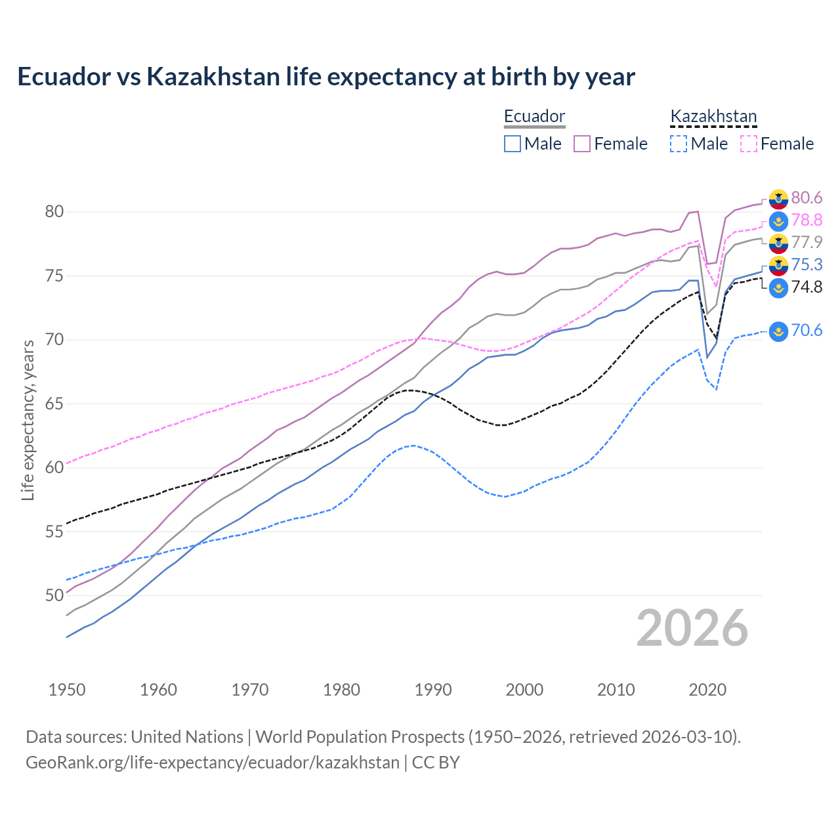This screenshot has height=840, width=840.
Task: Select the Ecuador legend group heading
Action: [534, 116]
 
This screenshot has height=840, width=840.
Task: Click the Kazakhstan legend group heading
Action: [713, 116]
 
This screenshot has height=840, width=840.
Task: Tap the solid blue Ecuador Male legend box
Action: [513, 144]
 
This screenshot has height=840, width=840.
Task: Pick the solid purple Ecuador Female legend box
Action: [582, 144]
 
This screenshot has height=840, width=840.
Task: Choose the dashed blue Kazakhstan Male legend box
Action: [679, 144]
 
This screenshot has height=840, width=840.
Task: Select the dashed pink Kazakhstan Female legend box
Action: [749, 144]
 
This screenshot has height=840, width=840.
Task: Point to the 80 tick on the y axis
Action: [54, 211]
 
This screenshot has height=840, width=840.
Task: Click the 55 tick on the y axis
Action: [54, 532]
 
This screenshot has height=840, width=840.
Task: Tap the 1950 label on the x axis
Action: [67, 690]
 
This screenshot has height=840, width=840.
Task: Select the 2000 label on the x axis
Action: [524, 690]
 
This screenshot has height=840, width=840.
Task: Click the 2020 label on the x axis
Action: [707, 690]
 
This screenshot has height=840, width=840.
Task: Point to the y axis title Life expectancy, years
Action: [28, 420]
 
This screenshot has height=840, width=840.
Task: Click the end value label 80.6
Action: [807, 198]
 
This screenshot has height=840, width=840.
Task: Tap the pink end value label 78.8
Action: [807, 220]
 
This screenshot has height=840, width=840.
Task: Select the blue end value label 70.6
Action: [807, 331]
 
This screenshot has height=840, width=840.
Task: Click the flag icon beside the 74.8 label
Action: [778, 287]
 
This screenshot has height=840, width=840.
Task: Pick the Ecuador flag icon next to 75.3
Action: [778, 265]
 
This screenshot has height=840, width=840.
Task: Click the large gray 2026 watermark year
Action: [692, 628]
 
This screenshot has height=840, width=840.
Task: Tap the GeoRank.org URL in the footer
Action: [213, 763]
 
